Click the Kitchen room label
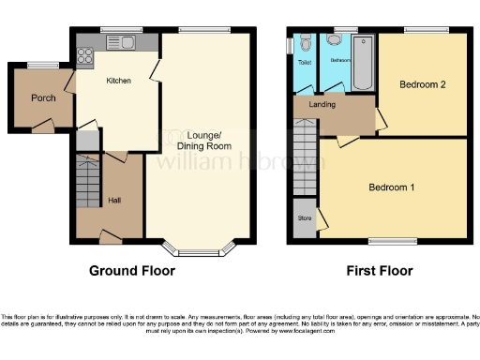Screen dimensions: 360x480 pyautogui.click(x=117, y=81)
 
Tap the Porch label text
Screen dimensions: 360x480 pyautogui.click(x=43, y=97)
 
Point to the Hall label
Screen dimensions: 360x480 pyautogui.click(x=113, y=200)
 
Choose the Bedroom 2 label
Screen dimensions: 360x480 pyautogui.click(x=422, y=84)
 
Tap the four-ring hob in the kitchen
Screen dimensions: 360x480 pyautogui.click(x=84, y=54)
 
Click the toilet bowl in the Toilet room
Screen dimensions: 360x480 pyautogui.click(x=305, y=44)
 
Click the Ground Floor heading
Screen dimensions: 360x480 pyautogui.click(x=131, y=271)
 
